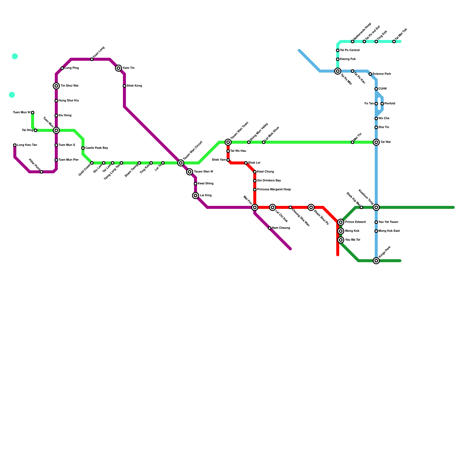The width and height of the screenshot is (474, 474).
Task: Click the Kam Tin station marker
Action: coord(118,68)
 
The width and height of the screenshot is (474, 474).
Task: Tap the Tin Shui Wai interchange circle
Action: coord(56,86)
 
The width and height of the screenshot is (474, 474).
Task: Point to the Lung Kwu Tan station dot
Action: coord(15,145)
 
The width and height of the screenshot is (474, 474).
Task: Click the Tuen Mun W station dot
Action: coord(33,113)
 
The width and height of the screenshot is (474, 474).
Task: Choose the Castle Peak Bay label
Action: coord(97,148)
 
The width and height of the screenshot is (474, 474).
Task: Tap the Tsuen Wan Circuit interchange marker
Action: coord(181,163)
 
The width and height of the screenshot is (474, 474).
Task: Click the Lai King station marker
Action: coord(196,196)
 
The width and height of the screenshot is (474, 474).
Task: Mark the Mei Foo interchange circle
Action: coord(255,207)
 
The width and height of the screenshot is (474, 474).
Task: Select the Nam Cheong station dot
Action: coord(270,228)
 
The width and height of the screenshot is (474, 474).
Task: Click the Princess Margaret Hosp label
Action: coord(274,189)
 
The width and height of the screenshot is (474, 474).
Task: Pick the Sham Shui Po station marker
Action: coord(311,207)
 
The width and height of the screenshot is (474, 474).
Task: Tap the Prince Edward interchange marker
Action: coord(341,222)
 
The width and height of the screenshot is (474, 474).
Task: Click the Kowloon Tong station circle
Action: coord(376,207)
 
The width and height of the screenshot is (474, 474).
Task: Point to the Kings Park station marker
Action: coord(376,261)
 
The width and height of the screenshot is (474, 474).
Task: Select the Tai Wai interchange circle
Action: coord(376,142)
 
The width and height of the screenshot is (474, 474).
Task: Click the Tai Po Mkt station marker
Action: coord(338,71)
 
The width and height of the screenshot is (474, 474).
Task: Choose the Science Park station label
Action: coord(382,74)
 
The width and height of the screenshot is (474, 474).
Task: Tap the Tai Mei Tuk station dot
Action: coord(394,41)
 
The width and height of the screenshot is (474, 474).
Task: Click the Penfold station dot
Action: coord(382,104)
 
